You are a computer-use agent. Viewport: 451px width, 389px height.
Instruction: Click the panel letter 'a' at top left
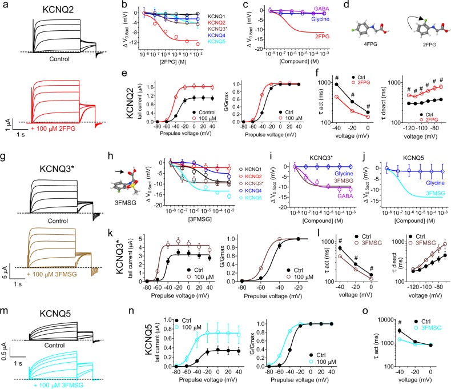(x=5, y=6)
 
